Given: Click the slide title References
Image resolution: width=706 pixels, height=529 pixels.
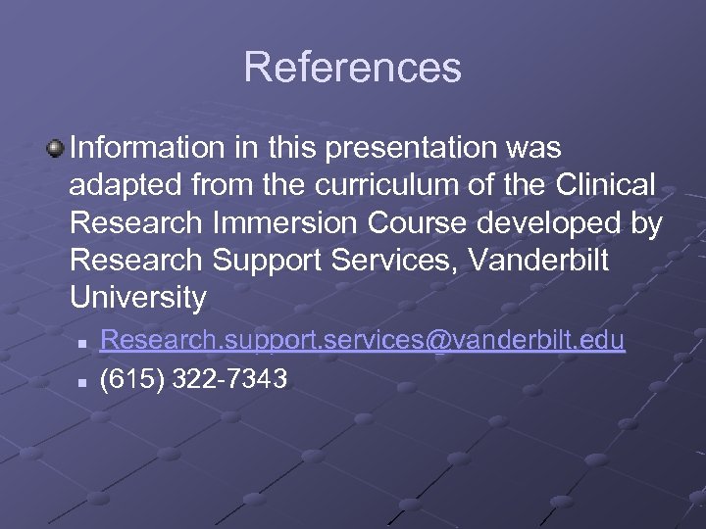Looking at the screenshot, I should point(352,68).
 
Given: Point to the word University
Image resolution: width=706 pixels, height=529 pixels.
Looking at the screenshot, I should point(138,297).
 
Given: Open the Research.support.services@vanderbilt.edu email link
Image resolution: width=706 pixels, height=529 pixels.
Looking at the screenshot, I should point(362,340).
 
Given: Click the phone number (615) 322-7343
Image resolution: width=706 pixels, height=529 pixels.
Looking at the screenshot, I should point(194,378).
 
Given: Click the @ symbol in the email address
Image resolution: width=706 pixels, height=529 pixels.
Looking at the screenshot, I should point(434,340).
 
